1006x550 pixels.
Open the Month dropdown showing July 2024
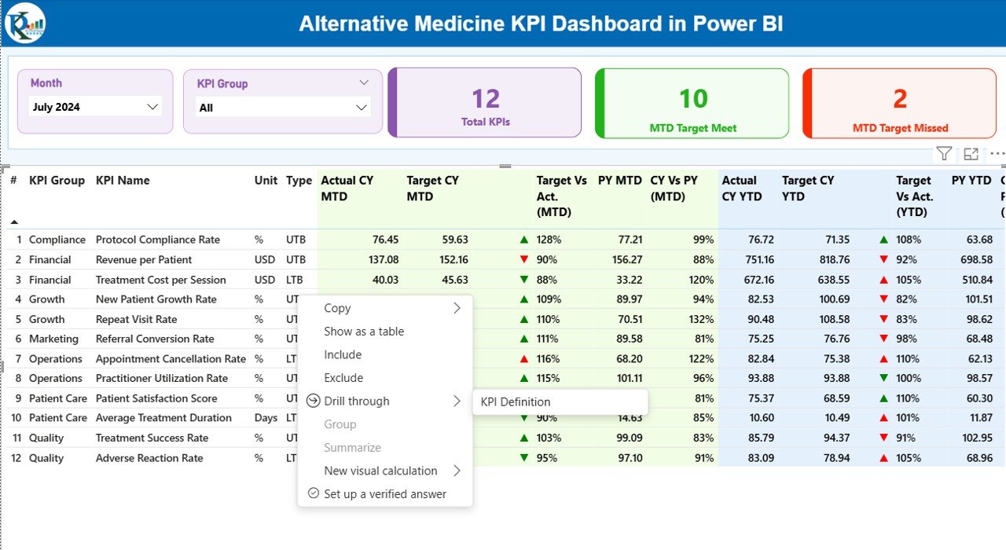[95, 107]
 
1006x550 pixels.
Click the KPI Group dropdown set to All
[283, 108]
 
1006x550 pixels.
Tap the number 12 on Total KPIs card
[486, 99]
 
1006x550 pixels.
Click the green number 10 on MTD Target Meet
[693, 99]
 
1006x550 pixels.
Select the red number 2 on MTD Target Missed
[900, 99]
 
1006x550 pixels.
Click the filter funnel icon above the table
[944, 154]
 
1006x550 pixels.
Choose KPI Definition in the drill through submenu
[516, 401]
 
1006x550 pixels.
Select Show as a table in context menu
[364, 332]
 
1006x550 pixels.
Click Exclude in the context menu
[343, 378]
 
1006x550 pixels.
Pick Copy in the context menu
[337, 308]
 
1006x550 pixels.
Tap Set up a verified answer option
[385, 494]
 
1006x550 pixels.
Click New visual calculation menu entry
[380, 471]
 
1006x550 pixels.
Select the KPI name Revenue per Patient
[143, 259]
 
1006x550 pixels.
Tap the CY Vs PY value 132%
[701, 319]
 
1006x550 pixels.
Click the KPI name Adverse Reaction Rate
[149, 458]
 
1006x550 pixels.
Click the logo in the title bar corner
[25, 23]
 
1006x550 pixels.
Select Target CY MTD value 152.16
[452, 259]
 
